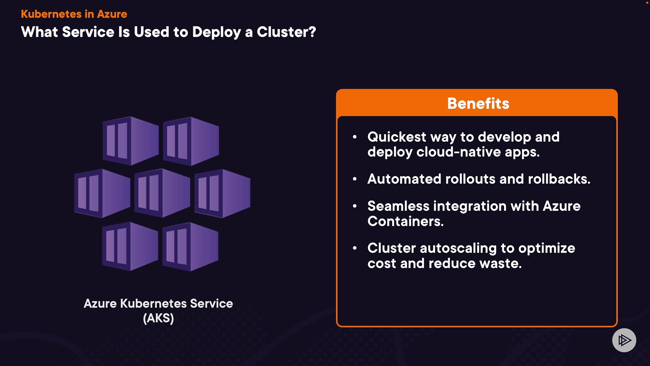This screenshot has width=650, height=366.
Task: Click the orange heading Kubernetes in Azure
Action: [x=74, y=14]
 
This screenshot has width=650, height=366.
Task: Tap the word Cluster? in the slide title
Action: [x=286, y=32]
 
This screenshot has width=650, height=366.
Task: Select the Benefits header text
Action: [x=478, y=103]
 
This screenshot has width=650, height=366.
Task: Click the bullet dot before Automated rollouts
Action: [x=355, y=179]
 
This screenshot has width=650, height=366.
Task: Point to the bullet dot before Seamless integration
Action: [x=355, y=206]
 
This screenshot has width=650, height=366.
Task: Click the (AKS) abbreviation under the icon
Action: [x=158, y=318]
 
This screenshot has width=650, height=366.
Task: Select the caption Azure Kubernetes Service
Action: [x=158, y=303]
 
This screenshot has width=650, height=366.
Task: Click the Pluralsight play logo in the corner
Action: [x=624, y=340]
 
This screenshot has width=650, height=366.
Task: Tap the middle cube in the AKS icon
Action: [x=162, y=193]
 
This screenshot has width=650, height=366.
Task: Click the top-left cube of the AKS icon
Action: [x=131, y=141]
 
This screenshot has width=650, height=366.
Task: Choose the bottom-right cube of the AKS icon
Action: [x=191, y=246]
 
